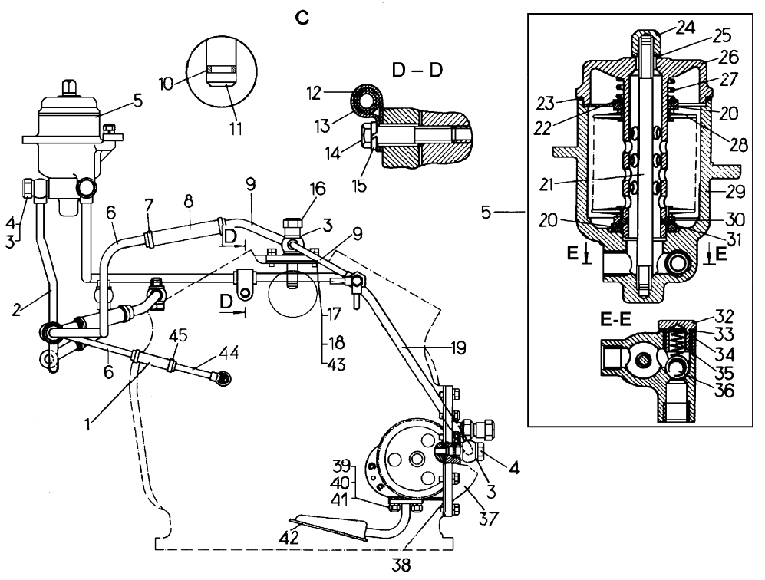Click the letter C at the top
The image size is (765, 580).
(x=303, y=18)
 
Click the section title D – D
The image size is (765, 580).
(x=420, y=71)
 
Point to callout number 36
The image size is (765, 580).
(x=723, y=390)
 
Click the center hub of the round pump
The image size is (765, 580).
(x=415, y=459)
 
